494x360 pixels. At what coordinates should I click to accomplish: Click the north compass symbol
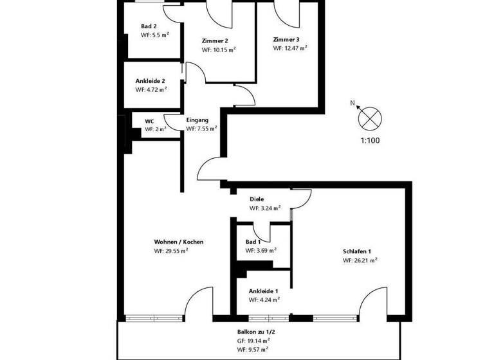[x=370, y=118]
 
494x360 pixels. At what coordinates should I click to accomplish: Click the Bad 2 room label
[x=149, y=26]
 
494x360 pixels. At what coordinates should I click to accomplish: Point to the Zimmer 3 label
[x=286, y=39]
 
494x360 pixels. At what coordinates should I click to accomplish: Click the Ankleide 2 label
[x=151, y=81]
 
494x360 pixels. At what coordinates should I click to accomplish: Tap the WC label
[x=149, y=121]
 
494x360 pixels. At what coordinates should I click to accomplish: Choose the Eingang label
[x=197, y=120]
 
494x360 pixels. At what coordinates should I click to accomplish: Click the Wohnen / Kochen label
[x=179, y=242]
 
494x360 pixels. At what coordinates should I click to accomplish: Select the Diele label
[x=257, y=199]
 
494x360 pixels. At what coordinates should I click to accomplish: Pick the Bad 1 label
[x=253, y=242]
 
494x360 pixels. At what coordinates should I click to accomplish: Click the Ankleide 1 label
[x=263, y=291]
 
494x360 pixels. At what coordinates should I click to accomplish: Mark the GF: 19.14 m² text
[x=253, y=341]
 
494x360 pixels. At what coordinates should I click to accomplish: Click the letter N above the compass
[x=352, y=103]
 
